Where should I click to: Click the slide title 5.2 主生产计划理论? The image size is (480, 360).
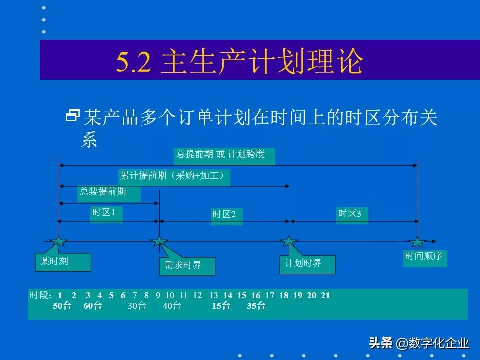click(240, 62)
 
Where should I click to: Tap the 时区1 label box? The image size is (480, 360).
click(106, 213)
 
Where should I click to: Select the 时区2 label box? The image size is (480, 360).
click(226, 215)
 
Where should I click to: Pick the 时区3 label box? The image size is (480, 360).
click(352, 215)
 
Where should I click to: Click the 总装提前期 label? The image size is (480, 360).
click(108, 193)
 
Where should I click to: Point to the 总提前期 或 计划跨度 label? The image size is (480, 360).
click(225, 155)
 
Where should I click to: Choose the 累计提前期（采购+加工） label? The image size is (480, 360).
click(174, 177)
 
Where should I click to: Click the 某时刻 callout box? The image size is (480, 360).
click(63, 262)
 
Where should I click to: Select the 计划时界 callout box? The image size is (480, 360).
click(307, 264)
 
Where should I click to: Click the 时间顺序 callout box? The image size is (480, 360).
click(425, 258)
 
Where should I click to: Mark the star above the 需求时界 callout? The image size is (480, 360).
click(159, 242)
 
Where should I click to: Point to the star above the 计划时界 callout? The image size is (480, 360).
click(288, 242)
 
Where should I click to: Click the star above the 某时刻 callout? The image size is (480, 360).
click(59, 242)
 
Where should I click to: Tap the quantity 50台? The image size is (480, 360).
click(63, 306)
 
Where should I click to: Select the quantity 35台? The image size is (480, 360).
click(256, 306)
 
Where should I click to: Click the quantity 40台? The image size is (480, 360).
click(172, 306)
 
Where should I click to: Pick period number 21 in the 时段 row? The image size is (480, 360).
click(325, 295)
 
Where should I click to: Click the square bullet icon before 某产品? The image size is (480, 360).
click(73, 117)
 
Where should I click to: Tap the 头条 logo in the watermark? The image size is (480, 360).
click(381, 343)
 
